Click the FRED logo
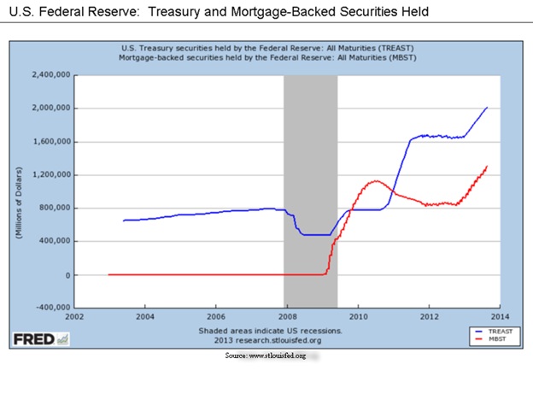pos(41,339)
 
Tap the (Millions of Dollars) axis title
pos(18,191)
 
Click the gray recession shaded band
pos(310,171)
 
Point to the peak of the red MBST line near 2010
pos(374,180)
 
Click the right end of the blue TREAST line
pos(487,108)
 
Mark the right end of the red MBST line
pos(487,166)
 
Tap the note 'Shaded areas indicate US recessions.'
pos(271,330)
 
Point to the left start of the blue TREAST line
pos(124,221)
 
